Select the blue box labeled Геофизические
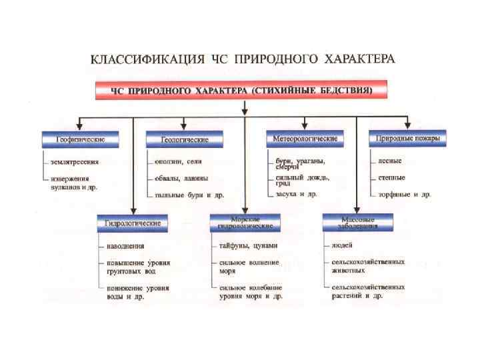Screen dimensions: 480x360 (x=80, y=139)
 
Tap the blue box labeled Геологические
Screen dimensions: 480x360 (x=186, y=139)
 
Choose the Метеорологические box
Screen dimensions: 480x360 (x=306, y=139)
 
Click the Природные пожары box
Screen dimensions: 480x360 (x=408, y=139)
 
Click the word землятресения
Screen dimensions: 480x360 (x=75, y=161)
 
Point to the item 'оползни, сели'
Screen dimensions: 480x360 (x=179, y=161)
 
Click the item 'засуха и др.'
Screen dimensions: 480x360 (x=297, y=194)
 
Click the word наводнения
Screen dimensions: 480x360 (x=126, y=246)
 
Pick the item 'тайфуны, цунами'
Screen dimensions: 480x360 (x=249, y=246)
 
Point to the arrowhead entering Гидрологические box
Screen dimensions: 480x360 (x=134, y=211)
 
